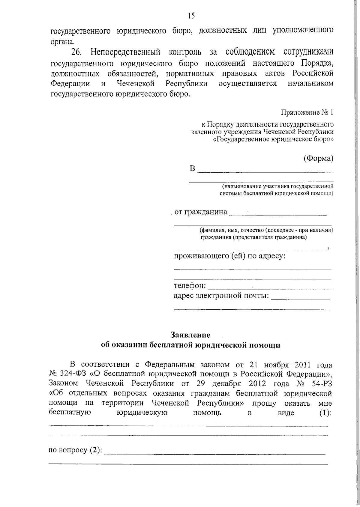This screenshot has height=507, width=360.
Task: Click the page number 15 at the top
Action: (x=191, y=16)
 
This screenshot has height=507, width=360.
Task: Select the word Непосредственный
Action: (x=125, y=52)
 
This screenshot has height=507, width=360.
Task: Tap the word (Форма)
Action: (x=318, y=159)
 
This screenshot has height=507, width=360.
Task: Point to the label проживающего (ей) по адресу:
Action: (x=229, y=256)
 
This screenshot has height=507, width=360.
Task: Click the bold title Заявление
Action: (x=190, y=335)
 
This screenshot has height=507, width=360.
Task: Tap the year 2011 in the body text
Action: (x=305, y=365)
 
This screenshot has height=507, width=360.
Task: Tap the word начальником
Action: (x=310, y=83)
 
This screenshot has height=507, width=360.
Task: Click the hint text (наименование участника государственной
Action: (x=276, y=186)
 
